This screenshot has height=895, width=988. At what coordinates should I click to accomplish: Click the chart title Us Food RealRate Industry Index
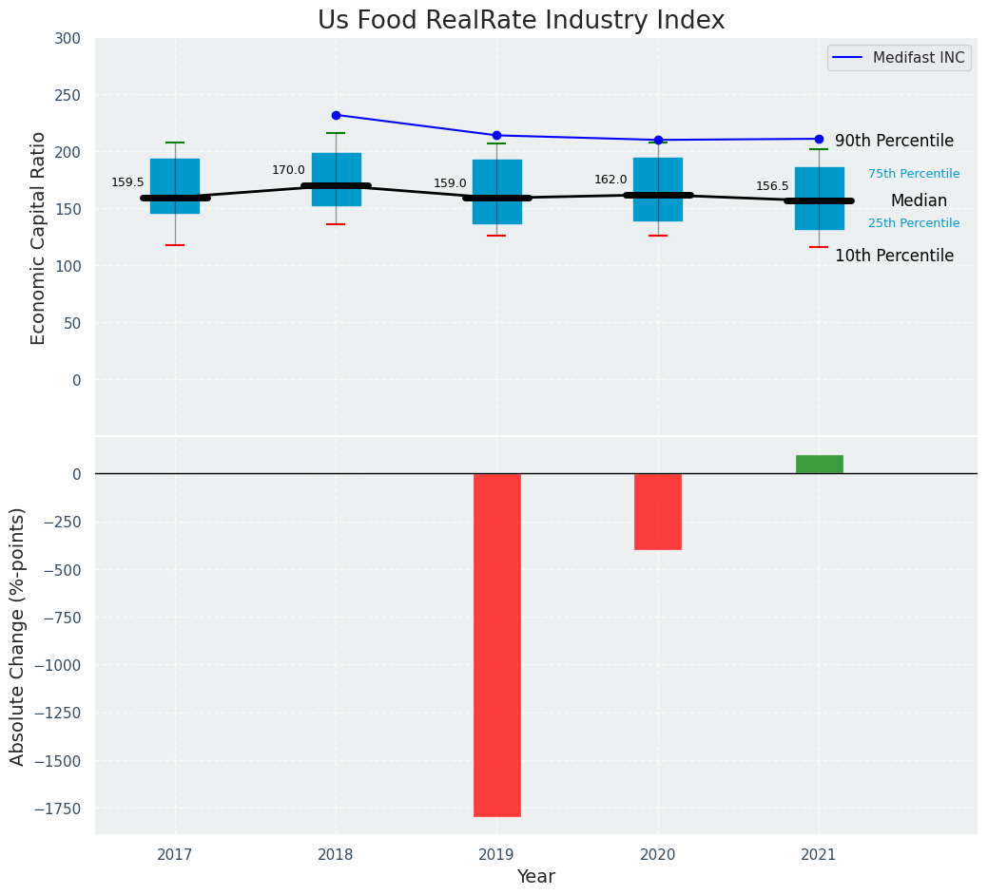click(521, 21)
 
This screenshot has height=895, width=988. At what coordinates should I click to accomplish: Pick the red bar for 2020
click(658, 511)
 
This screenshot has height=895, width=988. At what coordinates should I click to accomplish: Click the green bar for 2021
click(819, 464)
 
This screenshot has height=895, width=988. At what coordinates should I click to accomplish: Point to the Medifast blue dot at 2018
click(336, 115)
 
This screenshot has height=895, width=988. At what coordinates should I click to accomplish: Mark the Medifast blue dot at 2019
click(496, 135)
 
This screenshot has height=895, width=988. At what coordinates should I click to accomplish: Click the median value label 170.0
click(288, 171)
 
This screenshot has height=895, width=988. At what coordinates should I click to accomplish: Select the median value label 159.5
click(127, 182)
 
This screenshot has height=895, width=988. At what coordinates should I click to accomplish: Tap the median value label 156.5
click(772, 186)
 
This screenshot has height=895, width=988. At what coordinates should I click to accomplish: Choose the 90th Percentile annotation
click(894, 142)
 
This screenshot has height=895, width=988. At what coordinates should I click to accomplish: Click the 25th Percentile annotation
click(914, 223)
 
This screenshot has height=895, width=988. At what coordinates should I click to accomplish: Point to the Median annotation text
click(919, 201)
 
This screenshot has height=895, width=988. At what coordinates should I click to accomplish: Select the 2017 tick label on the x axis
click(175, 855)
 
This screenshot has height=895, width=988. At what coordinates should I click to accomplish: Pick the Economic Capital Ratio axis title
click(39, 238)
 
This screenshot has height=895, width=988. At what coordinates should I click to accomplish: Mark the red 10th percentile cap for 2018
click(336, 224)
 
